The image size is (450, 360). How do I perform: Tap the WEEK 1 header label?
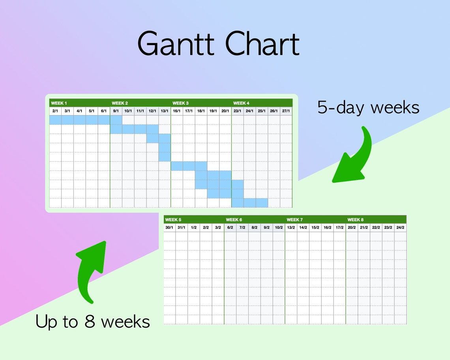coord(59,103)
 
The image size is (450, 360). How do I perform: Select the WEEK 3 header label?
coord(180,103)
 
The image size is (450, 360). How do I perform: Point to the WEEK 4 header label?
coord(241,103)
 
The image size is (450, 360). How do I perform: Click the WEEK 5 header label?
coord(173,220)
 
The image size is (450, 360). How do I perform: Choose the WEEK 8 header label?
coord(356,220)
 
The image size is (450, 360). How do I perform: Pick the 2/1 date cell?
coord(55,111)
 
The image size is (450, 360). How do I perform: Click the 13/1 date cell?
coord(165,111)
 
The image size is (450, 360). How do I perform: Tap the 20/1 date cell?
coord(225,111)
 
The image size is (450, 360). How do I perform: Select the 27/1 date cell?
coord(286,111)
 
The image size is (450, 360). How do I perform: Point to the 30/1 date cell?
coord(170,228)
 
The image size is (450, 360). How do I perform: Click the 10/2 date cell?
coord(279,228)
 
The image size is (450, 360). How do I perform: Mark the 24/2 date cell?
coord(400,228)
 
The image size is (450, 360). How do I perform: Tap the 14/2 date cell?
coord(303,228)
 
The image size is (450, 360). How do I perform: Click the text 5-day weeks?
coord(368,107)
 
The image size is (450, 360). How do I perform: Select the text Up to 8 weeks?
coord(93,322)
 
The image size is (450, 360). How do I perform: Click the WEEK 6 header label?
coord(234,220)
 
